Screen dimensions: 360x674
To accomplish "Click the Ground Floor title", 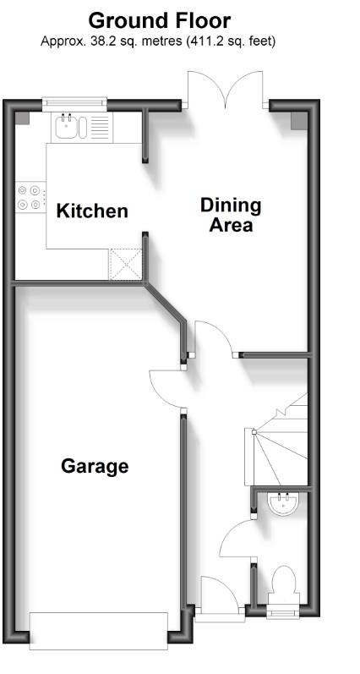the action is [x=160, y=20].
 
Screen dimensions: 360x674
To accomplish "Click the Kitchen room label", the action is [x=92, y=211].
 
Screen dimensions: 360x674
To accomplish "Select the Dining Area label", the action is [x=231, y=215].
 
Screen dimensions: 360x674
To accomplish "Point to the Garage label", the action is [x=95, y=466].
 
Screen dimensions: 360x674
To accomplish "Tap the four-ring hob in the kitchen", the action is [x=30, y=197].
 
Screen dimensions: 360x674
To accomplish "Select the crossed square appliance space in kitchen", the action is [x=125, y=265].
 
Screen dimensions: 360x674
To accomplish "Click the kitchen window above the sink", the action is [x=74, y=103].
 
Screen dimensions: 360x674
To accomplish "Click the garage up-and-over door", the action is [x=98, y=631].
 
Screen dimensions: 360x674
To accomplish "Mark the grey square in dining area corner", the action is [x=299, y=121].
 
